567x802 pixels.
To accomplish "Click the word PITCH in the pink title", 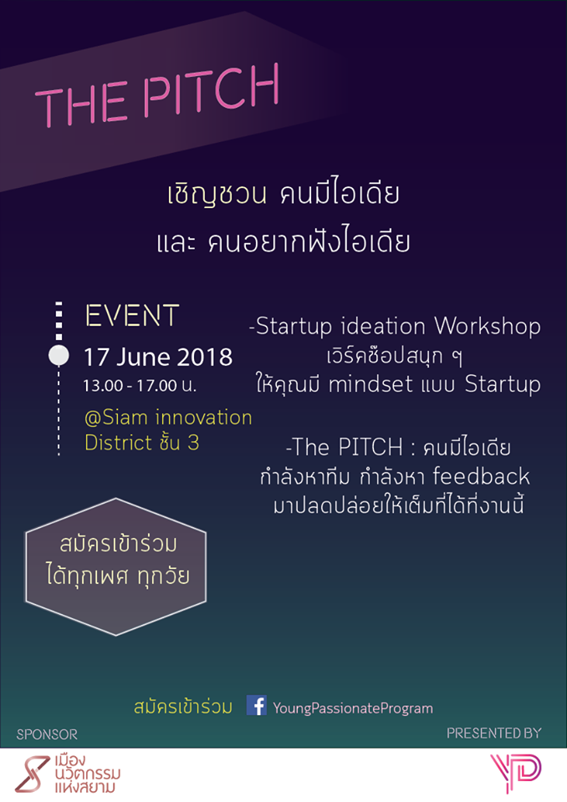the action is (211, 91).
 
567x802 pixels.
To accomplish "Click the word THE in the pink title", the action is (80, 104).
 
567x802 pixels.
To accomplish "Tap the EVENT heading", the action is (132, 316).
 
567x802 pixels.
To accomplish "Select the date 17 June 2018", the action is (158, 357).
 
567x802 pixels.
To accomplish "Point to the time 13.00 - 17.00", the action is (130, 385).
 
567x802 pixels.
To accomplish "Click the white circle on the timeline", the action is (59, 356).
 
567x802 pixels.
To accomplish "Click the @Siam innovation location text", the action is (168, 418).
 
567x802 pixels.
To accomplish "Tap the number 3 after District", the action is (193, 443).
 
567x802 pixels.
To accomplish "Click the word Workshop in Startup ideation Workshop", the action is (487, 327).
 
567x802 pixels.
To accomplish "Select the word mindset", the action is (370, 384).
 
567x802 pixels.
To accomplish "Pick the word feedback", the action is (481, 476).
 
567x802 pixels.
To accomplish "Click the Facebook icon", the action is (257, 705).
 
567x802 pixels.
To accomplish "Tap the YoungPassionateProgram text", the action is (353, 708).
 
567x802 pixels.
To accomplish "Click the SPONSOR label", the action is (47, 734).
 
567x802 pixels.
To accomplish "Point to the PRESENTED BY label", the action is (493, 733).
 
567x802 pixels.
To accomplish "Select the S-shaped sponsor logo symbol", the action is (32, 774).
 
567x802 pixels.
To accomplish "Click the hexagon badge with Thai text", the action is (115, 566).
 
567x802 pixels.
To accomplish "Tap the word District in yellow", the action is (118, 443).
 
